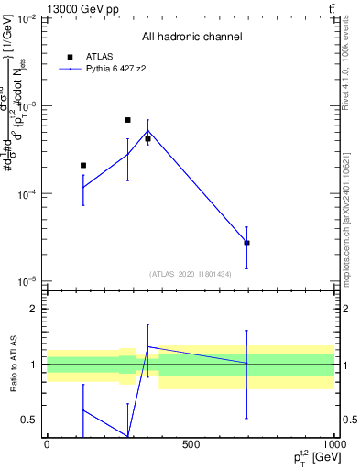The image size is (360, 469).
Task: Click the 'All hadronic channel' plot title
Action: pyautogui.click(x=191, y=38)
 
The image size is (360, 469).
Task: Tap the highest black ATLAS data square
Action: pyautogui.click(x=127, y=120)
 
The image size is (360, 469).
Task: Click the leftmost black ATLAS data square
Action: pyautogui.click(x=83, y=166)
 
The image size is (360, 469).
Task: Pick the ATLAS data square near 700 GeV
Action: pyautogui.click(x=246, y=243)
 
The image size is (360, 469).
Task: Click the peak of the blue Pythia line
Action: pyautogui.click(x=147, y=131)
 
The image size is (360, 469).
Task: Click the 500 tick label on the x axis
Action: pyautogui.click(x=191, y=444)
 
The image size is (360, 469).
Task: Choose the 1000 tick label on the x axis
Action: pyautogui.click(x=333, y=444)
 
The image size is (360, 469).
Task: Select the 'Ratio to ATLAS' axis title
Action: pyautogui.click(x=12, y=364)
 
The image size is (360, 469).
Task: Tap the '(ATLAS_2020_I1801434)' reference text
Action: pyautogui.click(x=191, y=274)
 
